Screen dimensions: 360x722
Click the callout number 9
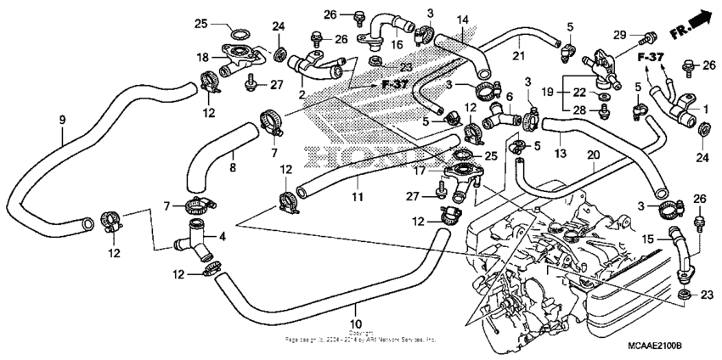tap(62, 121)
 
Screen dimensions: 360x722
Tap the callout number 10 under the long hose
tap(356, 323)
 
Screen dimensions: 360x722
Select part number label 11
tap(358, 197)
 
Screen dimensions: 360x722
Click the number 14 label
tap(462, 20)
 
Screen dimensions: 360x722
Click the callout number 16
tap(397, 44)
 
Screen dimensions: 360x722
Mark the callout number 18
tap(203, 58)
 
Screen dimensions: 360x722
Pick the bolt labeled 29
tap(649, 37)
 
